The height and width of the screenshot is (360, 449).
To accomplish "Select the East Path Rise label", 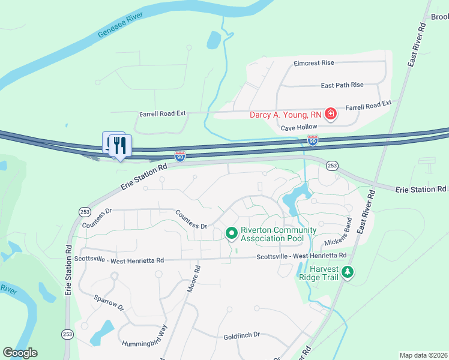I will click(x=342, y=85).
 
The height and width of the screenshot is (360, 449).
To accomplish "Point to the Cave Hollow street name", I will click(x=298, y=127).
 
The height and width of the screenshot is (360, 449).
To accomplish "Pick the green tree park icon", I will click(x=348, y=273).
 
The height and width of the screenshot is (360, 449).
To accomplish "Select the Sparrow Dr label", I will click(x=109, y=302).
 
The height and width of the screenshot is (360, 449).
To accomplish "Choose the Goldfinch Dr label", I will click(x=241, y=337).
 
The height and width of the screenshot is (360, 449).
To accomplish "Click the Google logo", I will click(x=20, y=353).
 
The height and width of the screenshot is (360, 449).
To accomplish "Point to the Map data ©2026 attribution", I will click(x=423, y=355).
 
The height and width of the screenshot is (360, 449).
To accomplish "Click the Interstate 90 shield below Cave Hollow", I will click(x=312, y=140).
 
